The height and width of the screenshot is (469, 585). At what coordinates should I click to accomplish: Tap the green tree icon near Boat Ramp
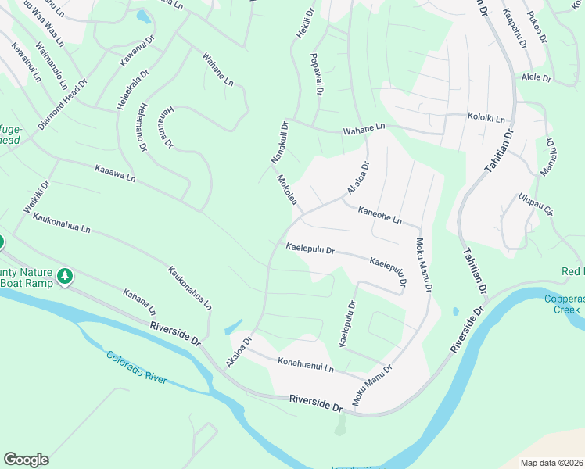66,276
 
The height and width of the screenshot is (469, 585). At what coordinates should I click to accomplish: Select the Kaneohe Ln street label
379,215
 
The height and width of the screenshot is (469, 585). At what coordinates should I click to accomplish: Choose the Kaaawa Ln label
115,173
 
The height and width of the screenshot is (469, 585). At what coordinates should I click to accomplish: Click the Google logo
26,460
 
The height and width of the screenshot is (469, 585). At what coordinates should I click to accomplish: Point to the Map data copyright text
551,463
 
